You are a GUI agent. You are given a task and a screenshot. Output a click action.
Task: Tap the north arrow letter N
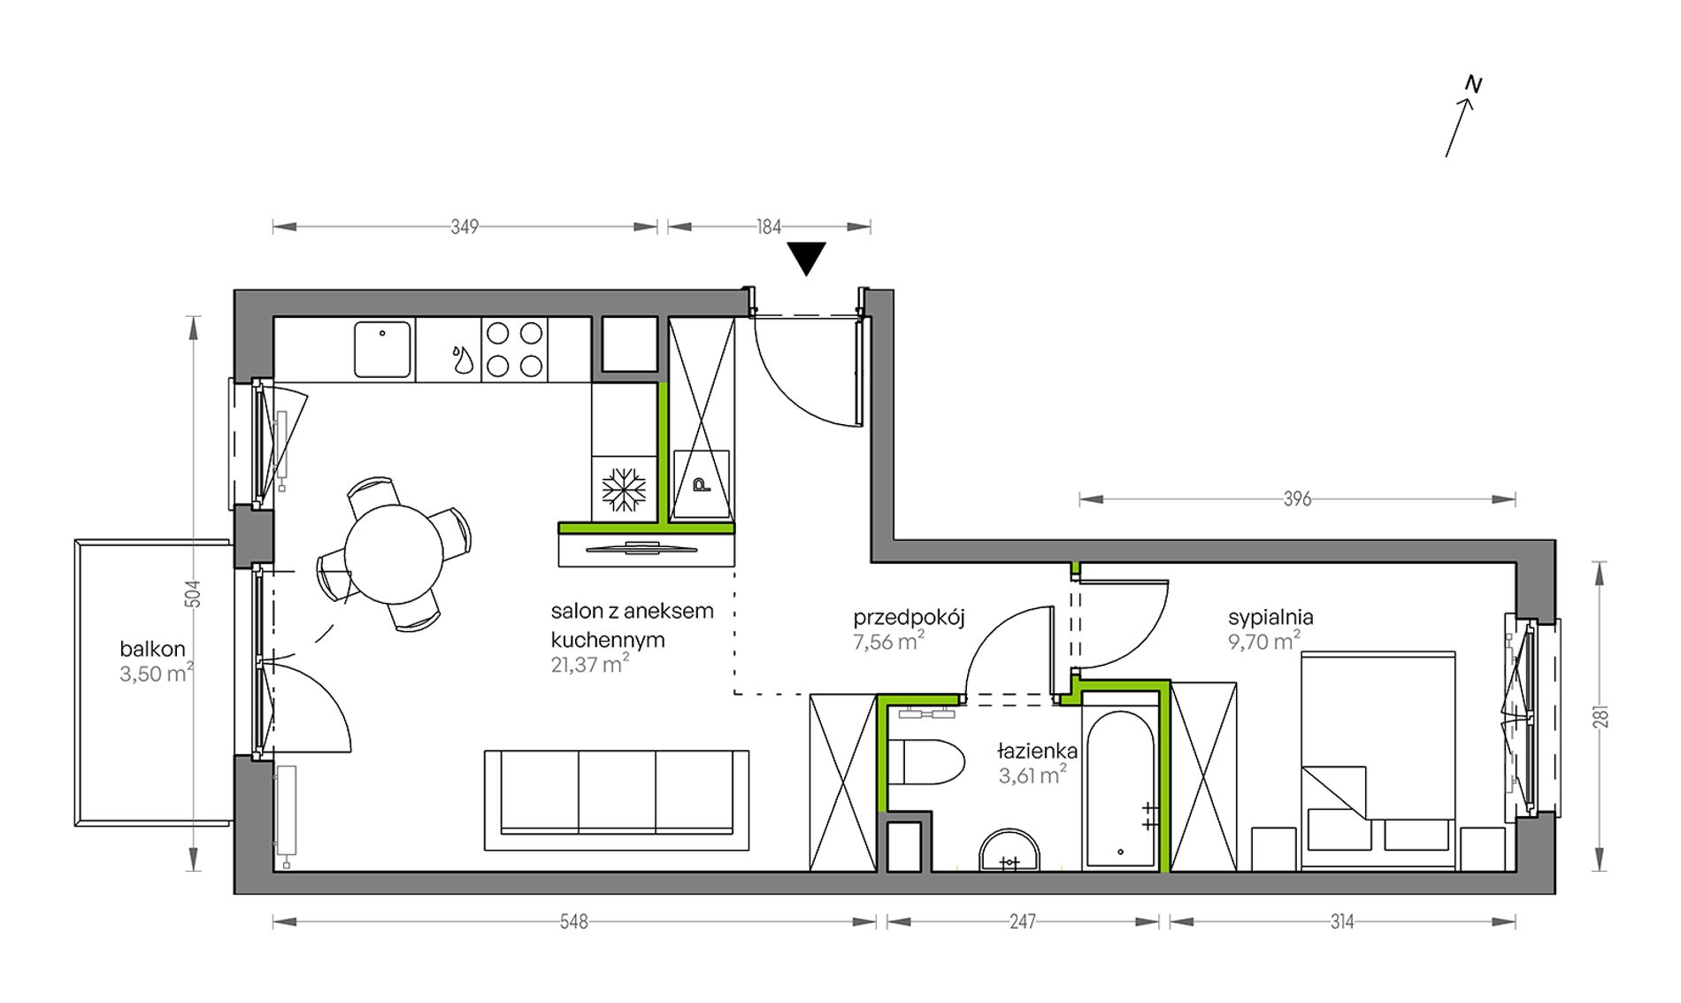[x=1473, y=84]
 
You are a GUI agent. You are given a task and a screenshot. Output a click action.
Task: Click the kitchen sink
[x=382, y=349]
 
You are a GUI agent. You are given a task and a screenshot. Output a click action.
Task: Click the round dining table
[x=394, y=552]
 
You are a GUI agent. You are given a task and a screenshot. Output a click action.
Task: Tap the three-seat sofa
[x=617, y=800]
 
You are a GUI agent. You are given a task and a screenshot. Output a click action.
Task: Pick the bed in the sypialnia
[x=1378, y=760]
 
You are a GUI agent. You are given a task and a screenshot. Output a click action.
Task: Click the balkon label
[x=152, y=650]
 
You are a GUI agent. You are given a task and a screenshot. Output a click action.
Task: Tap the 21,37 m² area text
[x=590, y=664]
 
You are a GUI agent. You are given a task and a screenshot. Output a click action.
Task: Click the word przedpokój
[x=909, y=618]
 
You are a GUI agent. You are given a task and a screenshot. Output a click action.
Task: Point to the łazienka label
[x=1037, y=752]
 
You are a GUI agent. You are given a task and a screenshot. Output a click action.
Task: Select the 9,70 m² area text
[x=1264, y=641]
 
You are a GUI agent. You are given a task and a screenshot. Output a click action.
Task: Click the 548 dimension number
[x=573, y=922]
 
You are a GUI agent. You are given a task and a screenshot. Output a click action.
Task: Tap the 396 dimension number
[x=1297, y=499]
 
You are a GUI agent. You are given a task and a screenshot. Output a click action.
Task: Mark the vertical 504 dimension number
[x=193, y=593]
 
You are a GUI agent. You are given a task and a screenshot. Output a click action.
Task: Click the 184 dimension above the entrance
[x=769, y=227]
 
